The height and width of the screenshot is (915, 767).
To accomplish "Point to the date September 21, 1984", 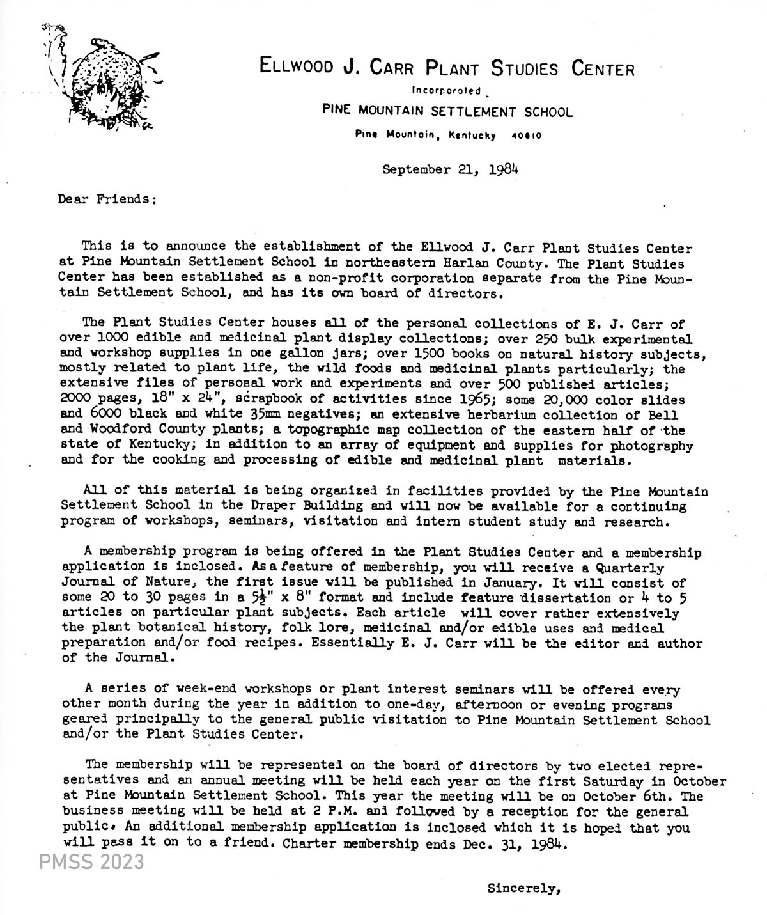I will pos(450,170).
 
